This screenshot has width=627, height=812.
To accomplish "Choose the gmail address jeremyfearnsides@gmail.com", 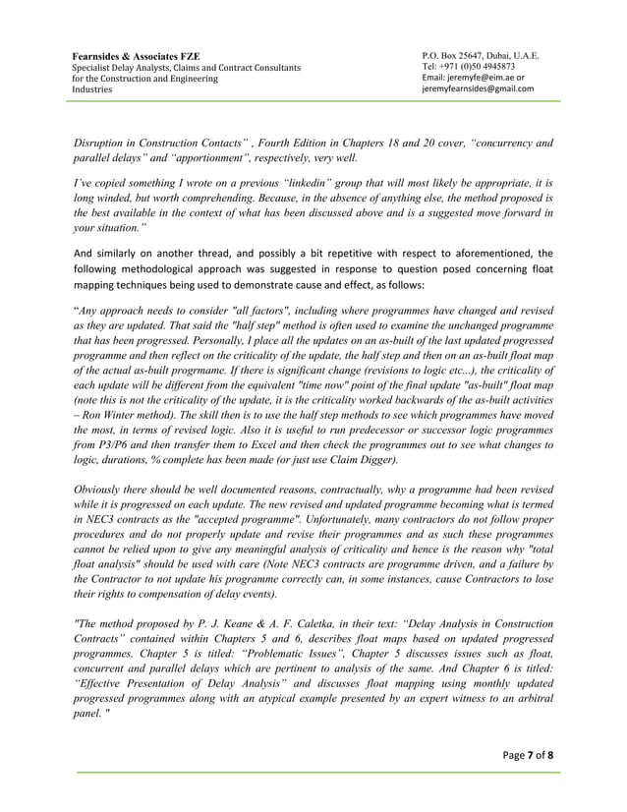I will coord(478,88).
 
